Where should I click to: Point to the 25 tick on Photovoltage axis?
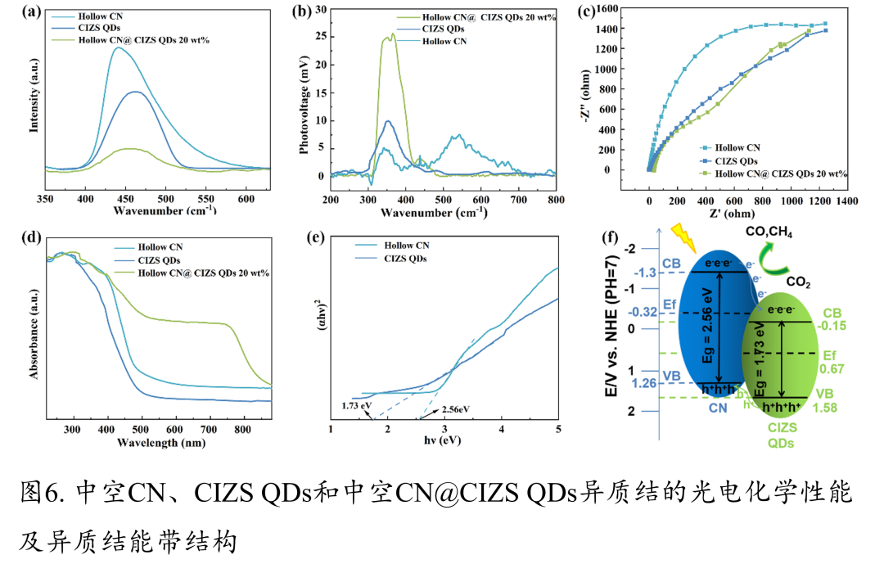click(x=320, y=37)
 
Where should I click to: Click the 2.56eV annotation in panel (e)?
click(x=454, y=409)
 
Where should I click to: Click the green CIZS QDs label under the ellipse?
click(x=779, y=434)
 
